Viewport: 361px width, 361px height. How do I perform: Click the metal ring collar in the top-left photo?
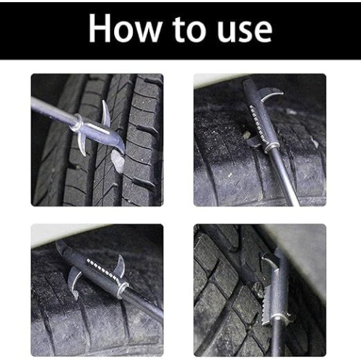pos(75,123)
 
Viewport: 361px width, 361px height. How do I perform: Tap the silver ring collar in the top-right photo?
pos(271,147)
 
